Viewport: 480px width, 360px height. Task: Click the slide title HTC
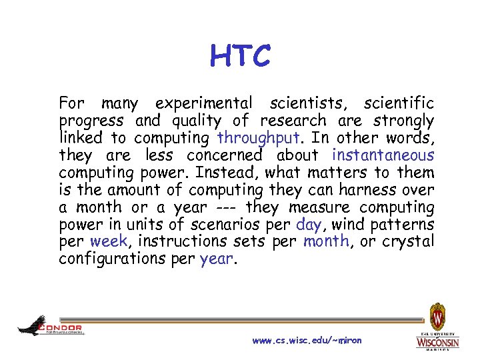[x=240, y=56]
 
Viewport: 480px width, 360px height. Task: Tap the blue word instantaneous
[x=383, y=156]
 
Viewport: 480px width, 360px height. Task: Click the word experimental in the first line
[x=203, y=104]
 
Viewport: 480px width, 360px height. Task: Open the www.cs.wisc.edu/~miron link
[x=307, y=341]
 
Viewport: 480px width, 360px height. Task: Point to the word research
[x=293, y=121]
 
